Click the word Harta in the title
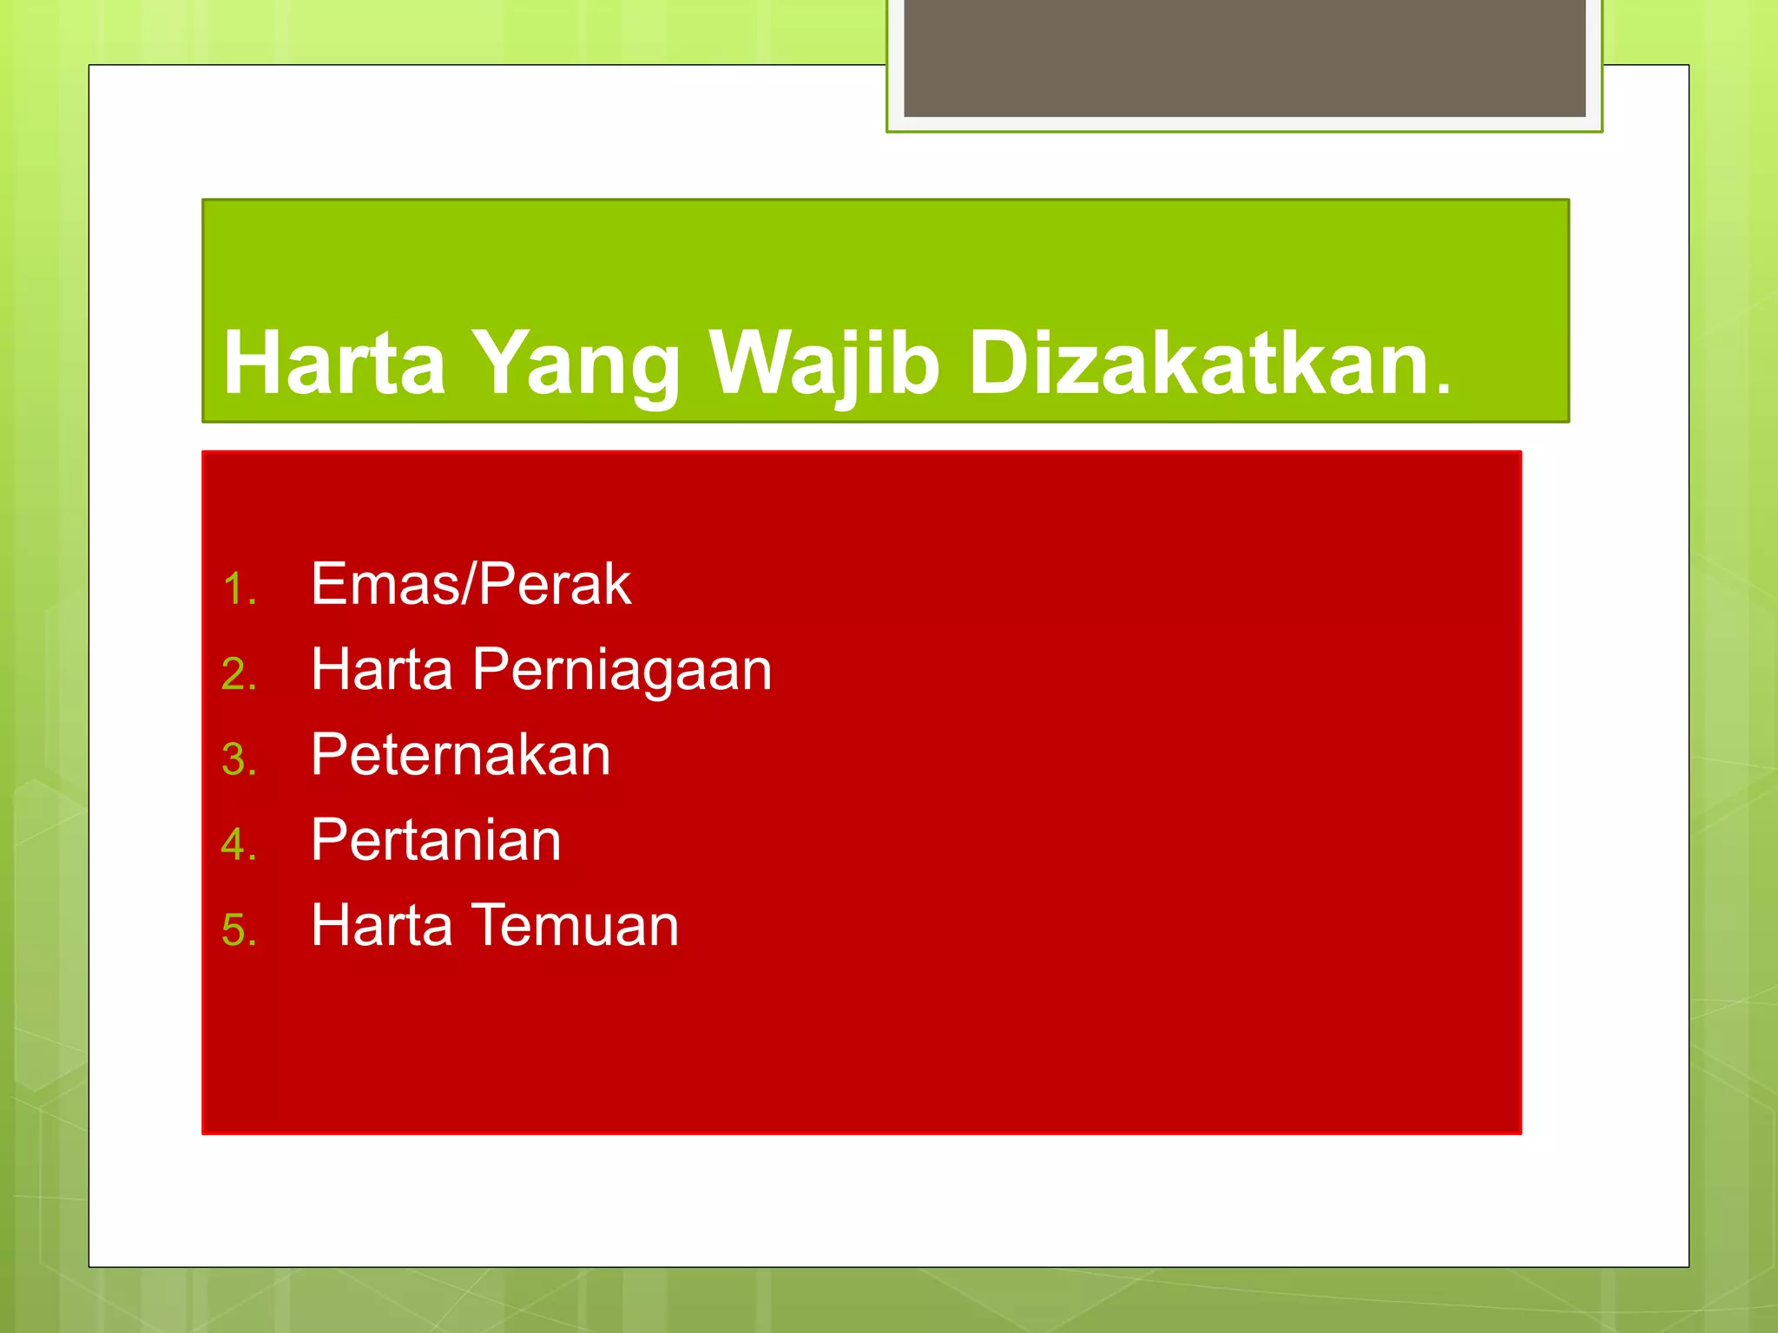pyautogui.click(x=334, y=363)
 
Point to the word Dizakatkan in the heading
pyautogui.click(x=1198, y=363)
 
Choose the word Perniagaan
pyautogui.click(x=622, y=670)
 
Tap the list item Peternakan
pyautogui.click(x=460, y=754)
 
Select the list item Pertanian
pyautogui.click(x=436, y=840)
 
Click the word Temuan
pyautogui.click(x=575, y=925)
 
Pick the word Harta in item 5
pyautogui.click(x=382, y=925)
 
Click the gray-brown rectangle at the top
pyautogui.click(x=1244, y=57)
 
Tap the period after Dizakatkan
pyautogui.click(x=1442, y=387)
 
